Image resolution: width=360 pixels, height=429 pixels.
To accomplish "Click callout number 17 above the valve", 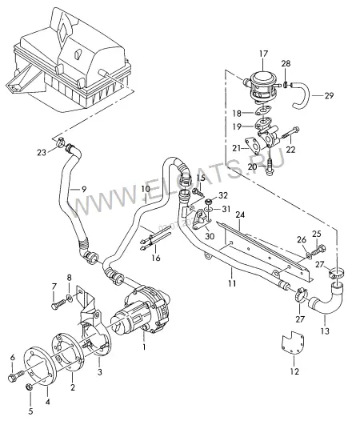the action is tap(263, 54).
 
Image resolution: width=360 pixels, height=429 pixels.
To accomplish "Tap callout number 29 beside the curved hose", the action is tap(329, 96).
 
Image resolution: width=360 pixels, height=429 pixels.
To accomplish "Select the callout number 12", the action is tap(294, 371).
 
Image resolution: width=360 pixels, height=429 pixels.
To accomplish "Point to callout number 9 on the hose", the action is tap(84, 189).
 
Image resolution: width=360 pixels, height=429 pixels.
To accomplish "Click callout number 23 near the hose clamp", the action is tap(42, 152).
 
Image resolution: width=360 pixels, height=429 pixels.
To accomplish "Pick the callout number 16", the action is tap(156, 258).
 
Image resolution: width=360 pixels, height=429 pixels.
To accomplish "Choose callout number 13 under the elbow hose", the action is tap(325, 331).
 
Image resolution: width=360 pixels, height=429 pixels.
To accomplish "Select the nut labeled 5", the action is tap(30, 387).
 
